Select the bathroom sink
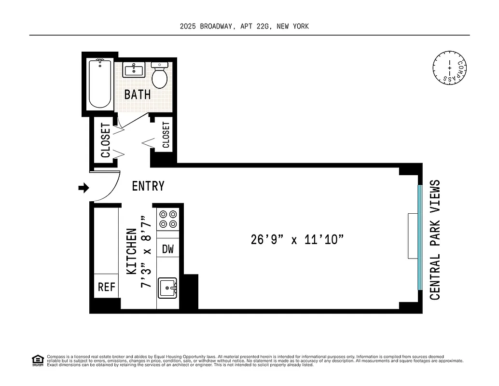133,70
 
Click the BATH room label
138,94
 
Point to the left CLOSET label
106,140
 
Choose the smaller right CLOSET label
166,135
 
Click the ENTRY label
148,186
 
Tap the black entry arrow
84,188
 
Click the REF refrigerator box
107,287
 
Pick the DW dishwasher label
167,249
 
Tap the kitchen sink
168,288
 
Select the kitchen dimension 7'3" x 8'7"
146,252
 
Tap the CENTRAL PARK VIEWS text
435,240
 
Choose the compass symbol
450,67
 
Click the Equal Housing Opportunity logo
38,360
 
